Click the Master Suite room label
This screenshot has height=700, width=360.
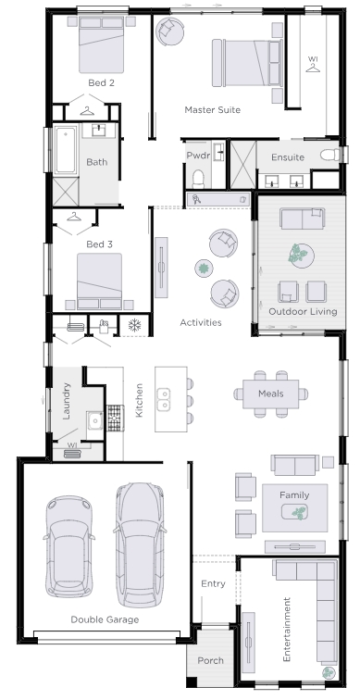212,110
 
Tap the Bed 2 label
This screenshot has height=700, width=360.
101,82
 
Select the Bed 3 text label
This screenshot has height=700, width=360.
99,244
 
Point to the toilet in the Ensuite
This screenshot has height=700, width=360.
330,155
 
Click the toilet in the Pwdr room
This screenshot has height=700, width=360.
198,179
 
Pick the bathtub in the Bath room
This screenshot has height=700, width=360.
65,150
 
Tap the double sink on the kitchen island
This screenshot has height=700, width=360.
163,400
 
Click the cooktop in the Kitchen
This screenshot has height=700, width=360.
115,418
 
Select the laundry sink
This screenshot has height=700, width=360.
95,420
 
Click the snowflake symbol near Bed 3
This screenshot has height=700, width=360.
134,325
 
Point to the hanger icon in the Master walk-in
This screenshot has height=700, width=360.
313,68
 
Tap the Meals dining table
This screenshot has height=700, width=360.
271,394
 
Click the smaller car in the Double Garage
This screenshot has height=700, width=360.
69,546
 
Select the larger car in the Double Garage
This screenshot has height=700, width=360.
139,544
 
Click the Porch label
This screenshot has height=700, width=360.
211,660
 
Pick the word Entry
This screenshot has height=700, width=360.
213,583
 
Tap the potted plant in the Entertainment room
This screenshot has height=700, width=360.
329,673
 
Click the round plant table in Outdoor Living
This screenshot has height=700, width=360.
301,256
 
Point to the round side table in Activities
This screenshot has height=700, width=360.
204,269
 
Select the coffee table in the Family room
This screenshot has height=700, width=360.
294,512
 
